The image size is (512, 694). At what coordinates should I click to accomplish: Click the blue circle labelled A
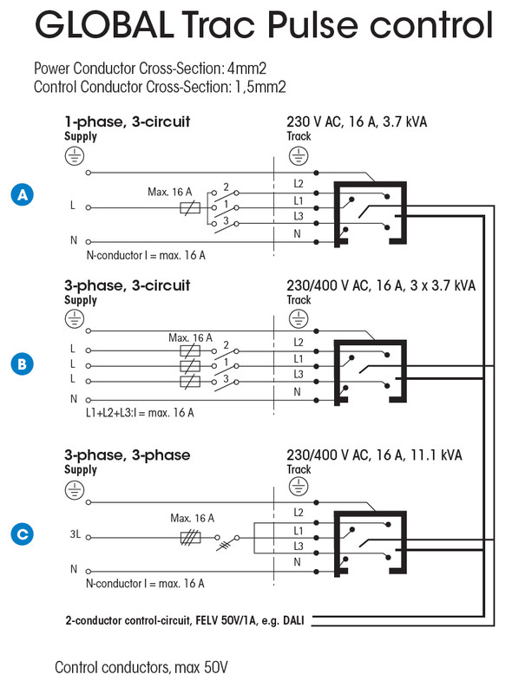point(23,194)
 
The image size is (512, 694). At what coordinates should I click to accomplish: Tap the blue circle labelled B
point(23,363)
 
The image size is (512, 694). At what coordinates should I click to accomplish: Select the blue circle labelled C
point(23,534)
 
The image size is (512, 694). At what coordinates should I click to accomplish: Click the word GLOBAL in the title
point(104,24)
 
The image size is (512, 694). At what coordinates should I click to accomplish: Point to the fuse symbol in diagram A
point(190,207)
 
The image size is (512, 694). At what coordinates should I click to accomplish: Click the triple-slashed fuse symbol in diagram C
point(190,538)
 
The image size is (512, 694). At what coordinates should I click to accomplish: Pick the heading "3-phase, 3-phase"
point(127,455)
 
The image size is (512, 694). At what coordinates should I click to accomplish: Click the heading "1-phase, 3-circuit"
point(127,121)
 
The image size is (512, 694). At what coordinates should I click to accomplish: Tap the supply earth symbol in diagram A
point(75,156)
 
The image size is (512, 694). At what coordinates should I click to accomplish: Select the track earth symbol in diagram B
point(299,318)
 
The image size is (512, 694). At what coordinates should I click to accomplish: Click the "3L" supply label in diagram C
point(75,534)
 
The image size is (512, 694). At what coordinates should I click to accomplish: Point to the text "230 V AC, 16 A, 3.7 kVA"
point(357,121)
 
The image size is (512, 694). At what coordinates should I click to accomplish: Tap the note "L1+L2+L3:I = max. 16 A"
point(140,413)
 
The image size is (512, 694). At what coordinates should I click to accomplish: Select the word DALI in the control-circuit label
point(293,620)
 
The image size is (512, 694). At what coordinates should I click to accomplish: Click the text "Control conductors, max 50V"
point(141,667)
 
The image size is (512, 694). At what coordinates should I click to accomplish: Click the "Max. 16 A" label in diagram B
point(190,337)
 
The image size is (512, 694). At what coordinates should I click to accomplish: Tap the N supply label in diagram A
point(74,240)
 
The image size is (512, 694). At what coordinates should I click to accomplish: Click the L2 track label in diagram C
point(299,513)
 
